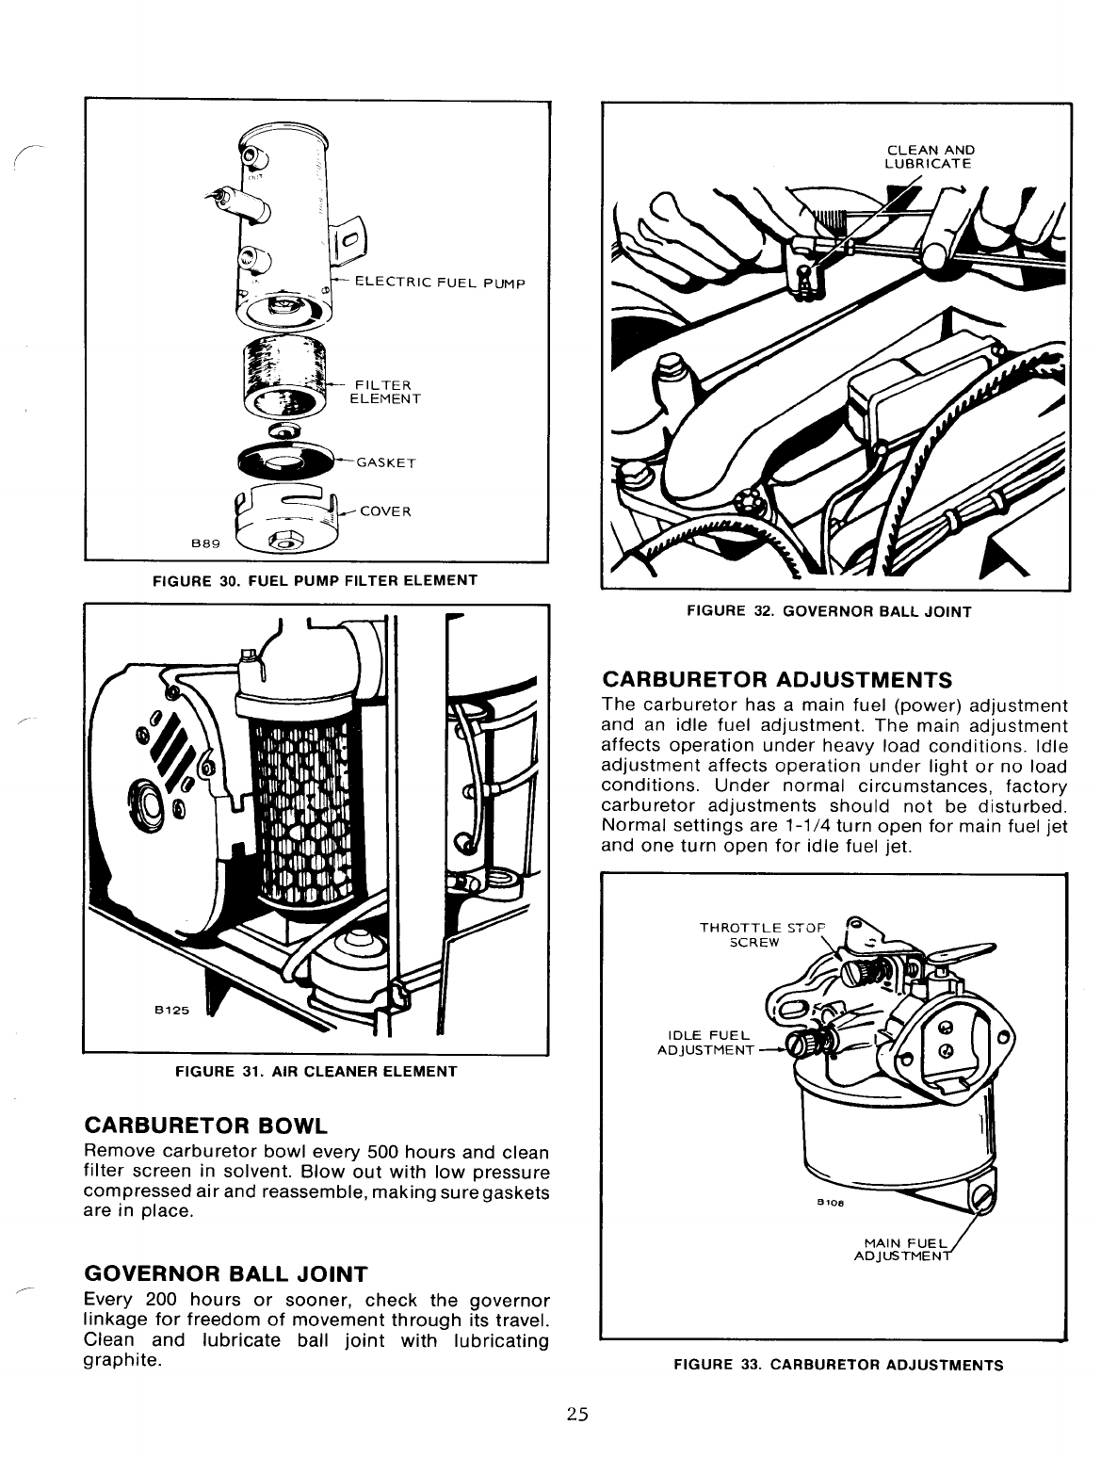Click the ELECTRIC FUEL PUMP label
tap(438, 283)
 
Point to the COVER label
tap(385, 511)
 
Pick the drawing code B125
tap(172, 1011)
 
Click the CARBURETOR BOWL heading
tap(206, 1126)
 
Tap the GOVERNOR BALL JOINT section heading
tap(225, 1274)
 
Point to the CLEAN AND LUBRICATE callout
tap(930, 156)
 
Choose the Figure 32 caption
tap(829, 611)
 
